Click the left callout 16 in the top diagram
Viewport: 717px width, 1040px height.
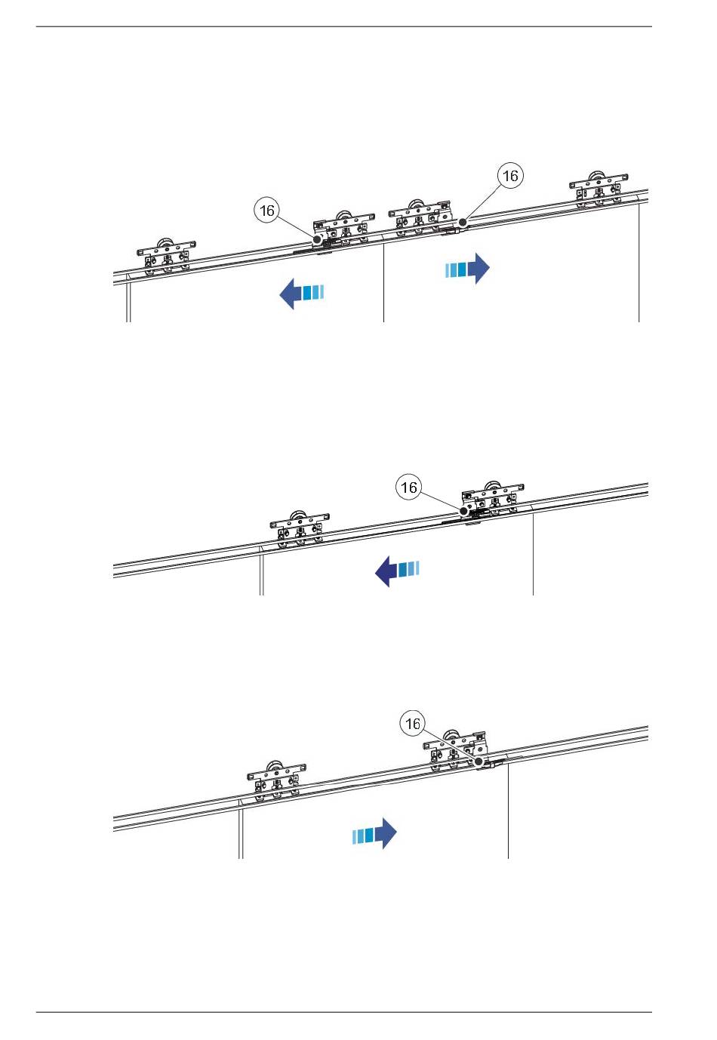(x=267, y=211)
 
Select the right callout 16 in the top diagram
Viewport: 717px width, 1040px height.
(x=511, y=176)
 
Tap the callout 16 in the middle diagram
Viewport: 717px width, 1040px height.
(x=408, y=488)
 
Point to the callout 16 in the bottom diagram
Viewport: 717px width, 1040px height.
(x=412, y=725)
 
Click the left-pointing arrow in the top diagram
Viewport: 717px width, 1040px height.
(x=301, y=293)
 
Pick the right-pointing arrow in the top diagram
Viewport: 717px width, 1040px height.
(x=467, y=268)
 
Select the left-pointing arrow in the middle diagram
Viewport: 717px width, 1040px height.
(x=397, y=571)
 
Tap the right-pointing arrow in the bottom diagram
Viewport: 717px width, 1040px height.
(x=375, y=834)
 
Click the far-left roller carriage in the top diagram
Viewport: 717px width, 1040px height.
(x=166, y=257)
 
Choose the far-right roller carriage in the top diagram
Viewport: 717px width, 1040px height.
(x=599, y=189)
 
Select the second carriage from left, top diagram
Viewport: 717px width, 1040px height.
(x=343, y=229)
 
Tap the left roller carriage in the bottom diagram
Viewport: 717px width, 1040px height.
(x=277, y=781)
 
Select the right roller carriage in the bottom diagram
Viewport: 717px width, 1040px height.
(x=455, y=751)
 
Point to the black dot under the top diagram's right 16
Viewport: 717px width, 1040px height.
(x=463, y=223)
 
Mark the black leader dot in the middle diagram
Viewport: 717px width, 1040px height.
(x=464, y=511)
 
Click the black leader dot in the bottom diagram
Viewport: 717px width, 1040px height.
(x=479, y=762)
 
